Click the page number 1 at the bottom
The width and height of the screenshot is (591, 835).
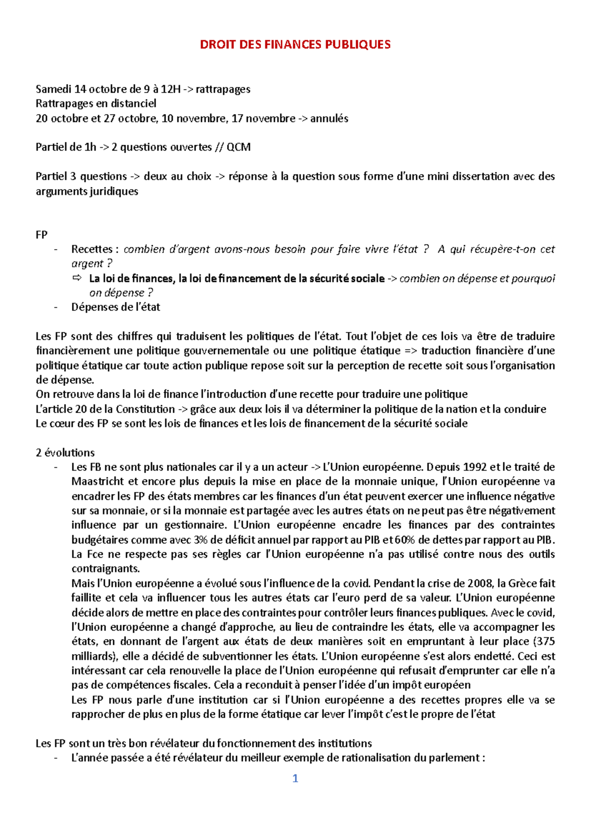[295, 778]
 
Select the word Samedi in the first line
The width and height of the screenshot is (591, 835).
[53, 89]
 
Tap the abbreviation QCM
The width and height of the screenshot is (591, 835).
[238, 147]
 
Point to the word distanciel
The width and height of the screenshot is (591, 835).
[133, 104]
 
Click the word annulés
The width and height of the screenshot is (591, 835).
[329, 119]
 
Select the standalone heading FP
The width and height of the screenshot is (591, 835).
[41, 235]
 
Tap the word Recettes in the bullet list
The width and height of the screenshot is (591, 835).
[92, 250]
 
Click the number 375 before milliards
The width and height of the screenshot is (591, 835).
[545, 642]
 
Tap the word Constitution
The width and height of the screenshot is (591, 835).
[145, 409]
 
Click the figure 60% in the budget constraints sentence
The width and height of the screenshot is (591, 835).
[404, 540]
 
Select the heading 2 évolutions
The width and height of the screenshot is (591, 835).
[65, 453]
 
